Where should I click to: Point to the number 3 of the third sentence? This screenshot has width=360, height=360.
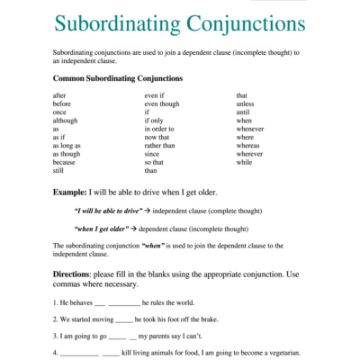point(55,336)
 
